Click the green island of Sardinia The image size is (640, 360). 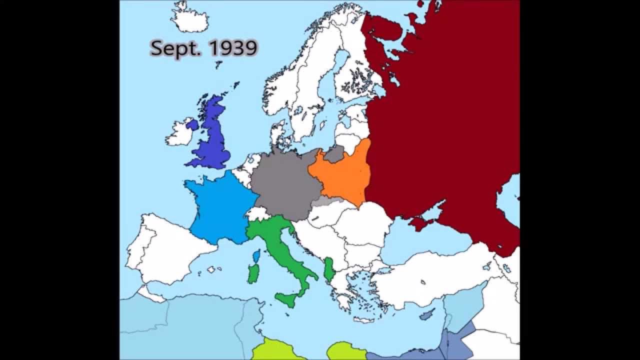pos(253,273)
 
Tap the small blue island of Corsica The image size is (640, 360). pos(257,256)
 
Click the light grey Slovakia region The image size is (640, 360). pos(327,201)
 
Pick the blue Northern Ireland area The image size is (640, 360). pos(192,123)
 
